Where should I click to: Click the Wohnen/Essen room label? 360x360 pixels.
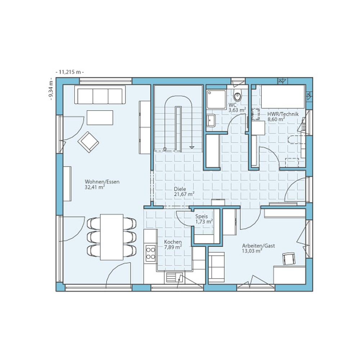(102, 182)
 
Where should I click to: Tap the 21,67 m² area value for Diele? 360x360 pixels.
(184, 194)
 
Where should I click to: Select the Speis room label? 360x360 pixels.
(201, 216)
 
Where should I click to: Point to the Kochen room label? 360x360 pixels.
(173, 242)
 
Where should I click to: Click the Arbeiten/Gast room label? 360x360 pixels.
(258, 246)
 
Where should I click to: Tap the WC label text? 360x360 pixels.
(232, 105)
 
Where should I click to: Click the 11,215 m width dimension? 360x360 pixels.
(69, 72)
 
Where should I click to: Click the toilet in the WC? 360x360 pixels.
(238, 96)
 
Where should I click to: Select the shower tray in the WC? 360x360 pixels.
(216, 99)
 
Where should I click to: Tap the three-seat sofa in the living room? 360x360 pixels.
(99, 95)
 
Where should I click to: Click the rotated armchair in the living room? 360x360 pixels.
(88, 141)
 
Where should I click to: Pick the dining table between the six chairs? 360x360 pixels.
(112, 237)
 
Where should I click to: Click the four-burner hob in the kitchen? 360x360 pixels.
(150, 252)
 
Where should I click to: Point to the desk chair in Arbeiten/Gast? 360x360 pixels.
(288, 258)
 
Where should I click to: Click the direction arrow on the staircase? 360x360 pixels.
(192, 147)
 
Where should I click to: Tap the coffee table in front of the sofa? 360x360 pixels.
(100, 117)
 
